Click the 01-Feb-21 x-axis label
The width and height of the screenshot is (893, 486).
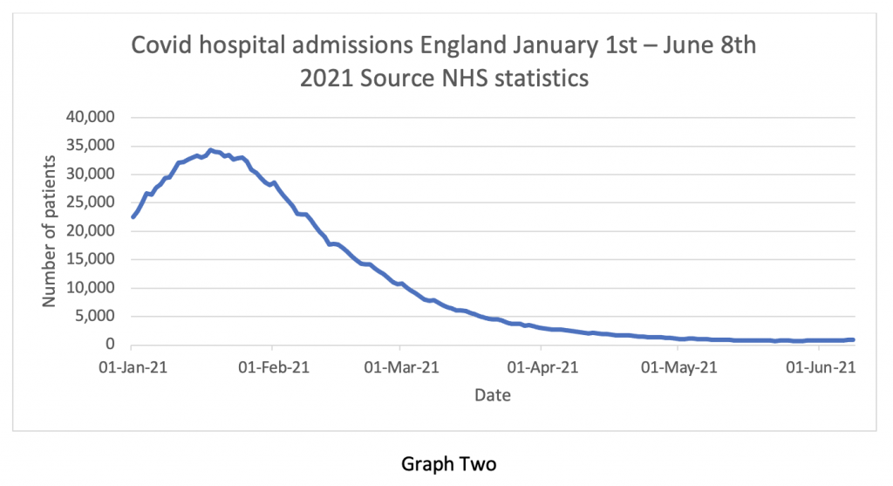click(x=272, y=368)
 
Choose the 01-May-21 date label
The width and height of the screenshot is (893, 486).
click(x=678, y=368)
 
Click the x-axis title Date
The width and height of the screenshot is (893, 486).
click(x=493, y=395)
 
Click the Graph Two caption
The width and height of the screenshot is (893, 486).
click(x=447, y=462)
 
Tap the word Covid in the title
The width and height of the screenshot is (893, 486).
click(x=158, y=45)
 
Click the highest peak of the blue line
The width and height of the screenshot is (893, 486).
click(x=210, y=150)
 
